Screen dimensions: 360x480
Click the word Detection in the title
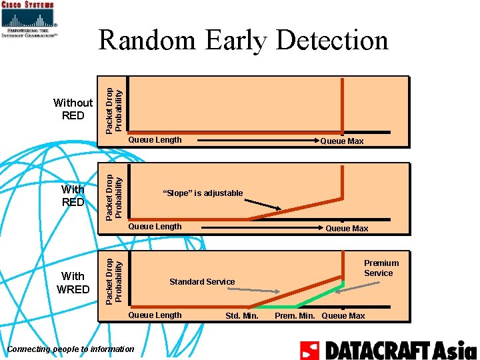pos(331,40)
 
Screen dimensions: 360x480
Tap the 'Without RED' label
pos(73,109)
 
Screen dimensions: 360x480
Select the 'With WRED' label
pos(73,282)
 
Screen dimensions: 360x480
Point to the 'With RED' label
pos(73,195)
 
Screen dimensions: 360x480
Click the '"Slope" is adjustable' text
pos(203,193)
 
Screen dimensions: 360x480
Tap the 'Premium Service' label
pos(381,268)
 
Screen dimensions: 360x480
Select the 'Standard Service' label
pos(202,282)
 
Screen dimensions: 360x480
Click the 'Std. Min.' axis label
pos(242,316)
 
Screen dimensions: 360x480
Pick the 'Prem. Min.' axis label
pos(296,316)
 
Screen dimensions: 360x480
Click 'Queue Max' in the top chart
pos(342,141)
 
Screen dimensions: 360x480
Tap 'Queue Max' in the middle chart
pos(347,229)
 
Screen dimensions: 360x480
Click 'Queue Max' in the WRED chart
pos(343,316)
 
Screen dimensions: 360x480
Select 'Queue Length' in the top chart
pos(155,140)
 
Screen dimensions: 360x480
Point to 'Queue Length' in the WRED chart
pos(155,315)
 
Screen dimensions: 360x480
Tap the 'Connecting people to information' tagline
pos(70,349)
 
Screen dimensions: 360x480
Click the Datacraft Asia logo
pos(388,349)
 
